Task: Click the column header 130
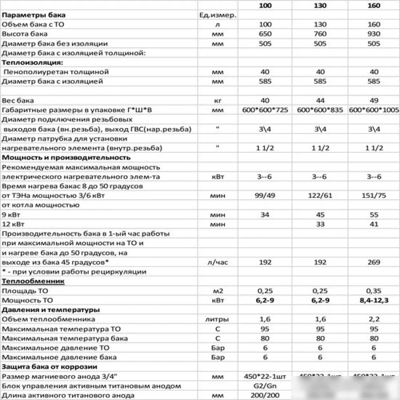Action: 320,6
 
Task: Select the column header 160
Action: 373,6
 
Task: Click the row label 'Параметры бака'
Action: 34,15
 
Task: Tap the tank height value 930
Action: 373,34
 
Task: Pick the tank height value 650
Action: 265,34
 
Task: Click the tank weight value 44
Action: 320,100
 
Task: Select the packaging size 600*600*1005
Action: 374,110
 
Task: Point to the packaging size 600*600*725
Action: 265,110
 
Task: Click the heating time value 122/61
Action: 320,196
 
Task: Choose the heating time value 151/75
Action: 373,196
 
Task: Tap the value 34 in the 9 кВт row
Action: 265,215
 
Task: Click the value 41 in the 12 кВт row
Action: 373,224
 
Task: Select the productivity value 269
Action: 373,262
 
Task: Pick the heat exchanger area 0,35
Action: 373,291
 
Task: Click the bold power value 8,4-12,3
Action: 373,300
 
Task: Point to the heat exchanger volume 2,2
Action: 373,319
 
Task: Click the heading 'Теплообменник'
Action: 33,281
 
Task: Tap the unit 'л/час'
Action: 218,262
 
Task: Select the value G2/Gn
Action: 265,386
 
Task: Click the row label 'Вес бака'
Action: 18,100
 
